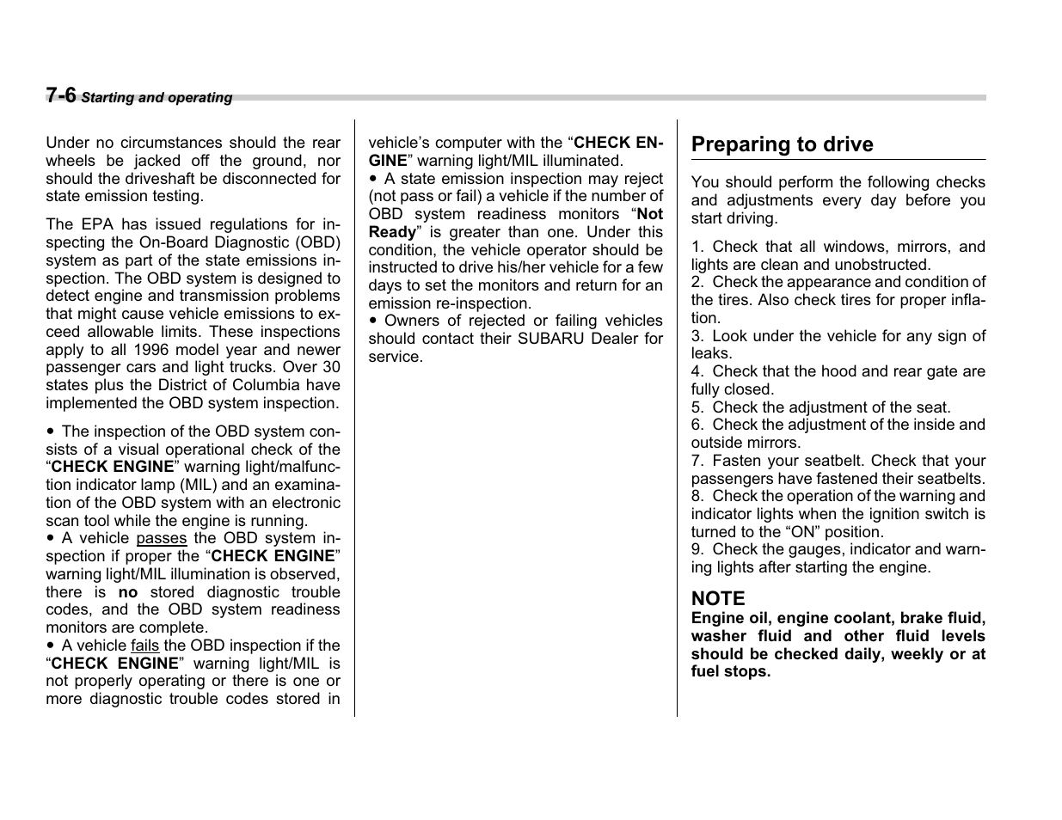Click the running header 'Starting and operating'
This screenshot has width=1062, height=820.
click(157, 98)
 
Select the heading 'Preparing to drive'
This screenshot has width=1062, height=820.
click(782, 144)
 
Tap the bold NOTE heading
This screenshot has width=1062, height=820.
click(718, 598)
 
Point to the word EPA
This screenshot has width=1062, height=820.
click(95, 224)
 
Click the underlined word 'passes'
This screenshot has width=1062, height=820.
click(161, 538)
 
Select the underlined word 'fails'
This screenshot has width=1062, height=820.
click(144, 646)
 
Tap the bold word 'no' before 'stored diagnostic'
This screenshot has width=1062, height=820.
click(127, 592)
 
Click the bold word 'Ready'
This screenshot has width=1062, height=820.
click(392, 232)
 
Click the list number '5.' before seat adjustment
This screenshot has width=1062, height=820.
click(697, 407)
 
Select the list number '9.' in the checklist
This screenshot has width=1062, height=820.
click(697, 549)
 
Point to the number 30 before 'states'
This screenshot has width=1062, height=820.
click(331, 367)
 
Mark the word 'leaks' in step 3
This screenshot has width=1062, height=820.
click(709, 353)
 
